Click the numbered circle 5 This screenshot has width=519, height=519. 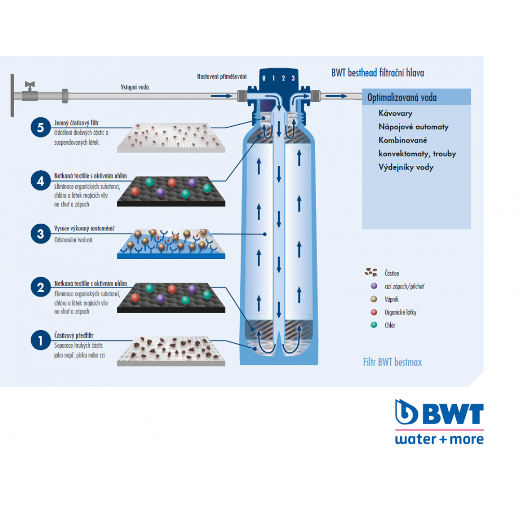click(x=40, y=128)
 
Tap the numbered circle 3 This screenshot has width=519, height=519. click(x=40, y=234)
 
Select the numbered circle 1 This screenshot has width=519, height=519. click(x=40, y=341)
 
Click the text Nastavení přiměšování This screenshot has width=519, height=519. click(x=222, y=77)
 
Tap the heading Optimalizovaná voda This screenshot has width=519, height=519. click(x=402, y=98)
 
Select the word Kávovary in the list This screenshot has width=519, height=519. click(x=395, y=113)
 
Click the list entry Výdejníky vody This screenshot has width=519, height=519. click(x=406, y=167)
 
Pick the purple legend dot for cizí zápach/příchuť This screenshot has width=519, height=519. click(x=373, y=285)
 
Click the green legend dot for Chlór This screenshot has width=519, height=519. click(x=373, y=325)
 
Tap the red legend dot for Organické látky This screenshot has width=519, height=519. click(x=373, y=312)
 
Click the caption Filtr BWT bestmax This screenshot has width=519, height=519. click(x=392, y=362)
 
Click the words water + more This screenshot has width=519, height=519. click(x=439, y=439)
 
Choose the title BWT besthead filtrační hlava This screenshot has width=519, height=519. click(x=377, y=73)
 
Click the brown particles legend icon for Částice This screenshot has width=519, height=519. click(x=371, y=272)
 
